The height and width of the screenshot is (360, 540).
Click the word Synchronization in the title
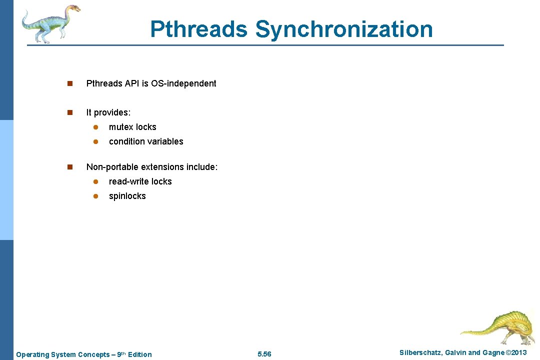point(344,29)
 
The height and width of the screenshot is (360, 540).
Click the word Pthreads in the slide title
point(198,29)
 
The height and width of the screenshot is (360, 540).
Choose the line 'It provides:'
point(108,112)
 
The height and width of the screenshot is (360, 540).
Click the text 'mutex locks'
point(132,127)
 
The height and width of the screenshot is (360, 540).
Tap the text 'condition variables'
point(146,141)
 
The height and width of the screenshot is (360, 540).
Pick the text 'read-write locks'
point(140,181)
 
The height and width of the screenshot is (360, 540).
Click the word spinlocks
point(127,196)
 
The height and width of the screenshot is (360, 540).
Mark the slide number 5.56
point(264,354)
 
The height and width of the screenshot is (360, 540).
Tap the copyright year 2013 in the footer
point(518,353)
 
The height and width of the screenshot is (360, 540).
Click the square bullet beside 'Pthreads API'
point(70,83)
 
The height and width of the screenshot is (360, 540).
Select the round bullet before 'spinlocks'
point(94,196)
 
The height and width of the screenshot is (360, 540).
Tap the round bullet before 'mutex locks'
point(94,127)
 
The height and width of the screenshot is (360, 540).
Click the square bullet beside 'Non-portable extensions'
point(70,166)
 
